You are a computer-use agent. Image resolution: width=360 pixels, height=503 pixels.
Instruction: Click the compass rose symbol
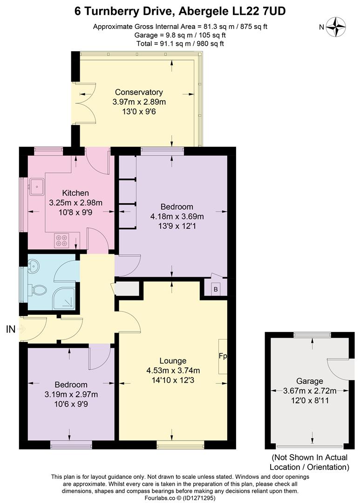[x=335, y=27]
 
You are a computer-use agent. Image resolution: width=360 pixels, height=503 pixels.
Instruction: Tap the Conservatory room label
[x=139, y=92]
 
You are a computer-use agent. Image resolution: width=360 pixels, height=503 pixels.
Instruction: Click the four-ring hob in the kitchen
[x=61, y=240]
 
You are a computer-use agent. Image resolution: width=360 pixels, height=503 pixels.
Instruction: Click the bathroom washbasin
[x=34, y=267]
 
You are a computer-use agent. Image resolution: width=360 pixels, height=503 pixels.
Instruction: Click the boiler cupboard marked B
[x=215, y=288]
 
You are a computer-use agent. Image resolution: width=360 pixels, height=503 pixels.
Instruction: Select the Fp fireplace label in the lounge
[x=223, y=356]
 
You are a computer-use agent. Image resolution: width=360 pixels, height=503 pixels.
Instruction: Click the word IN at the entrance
[x=11, y=329]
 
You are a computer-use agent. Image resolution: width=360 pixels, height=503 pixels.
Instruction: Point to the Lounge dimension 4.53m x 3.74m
[x=173, y=371]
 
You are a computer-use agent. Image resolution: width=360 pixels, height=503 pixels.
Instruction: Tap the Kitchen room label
[x=75, y=193]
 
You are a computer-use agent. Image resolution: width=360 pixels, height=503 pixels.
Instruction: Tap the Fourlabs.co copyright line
[x=180, y=497]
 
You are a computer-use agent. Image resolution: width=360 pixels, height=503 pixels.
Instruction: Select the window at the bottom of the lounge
[x=179, y=446]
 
